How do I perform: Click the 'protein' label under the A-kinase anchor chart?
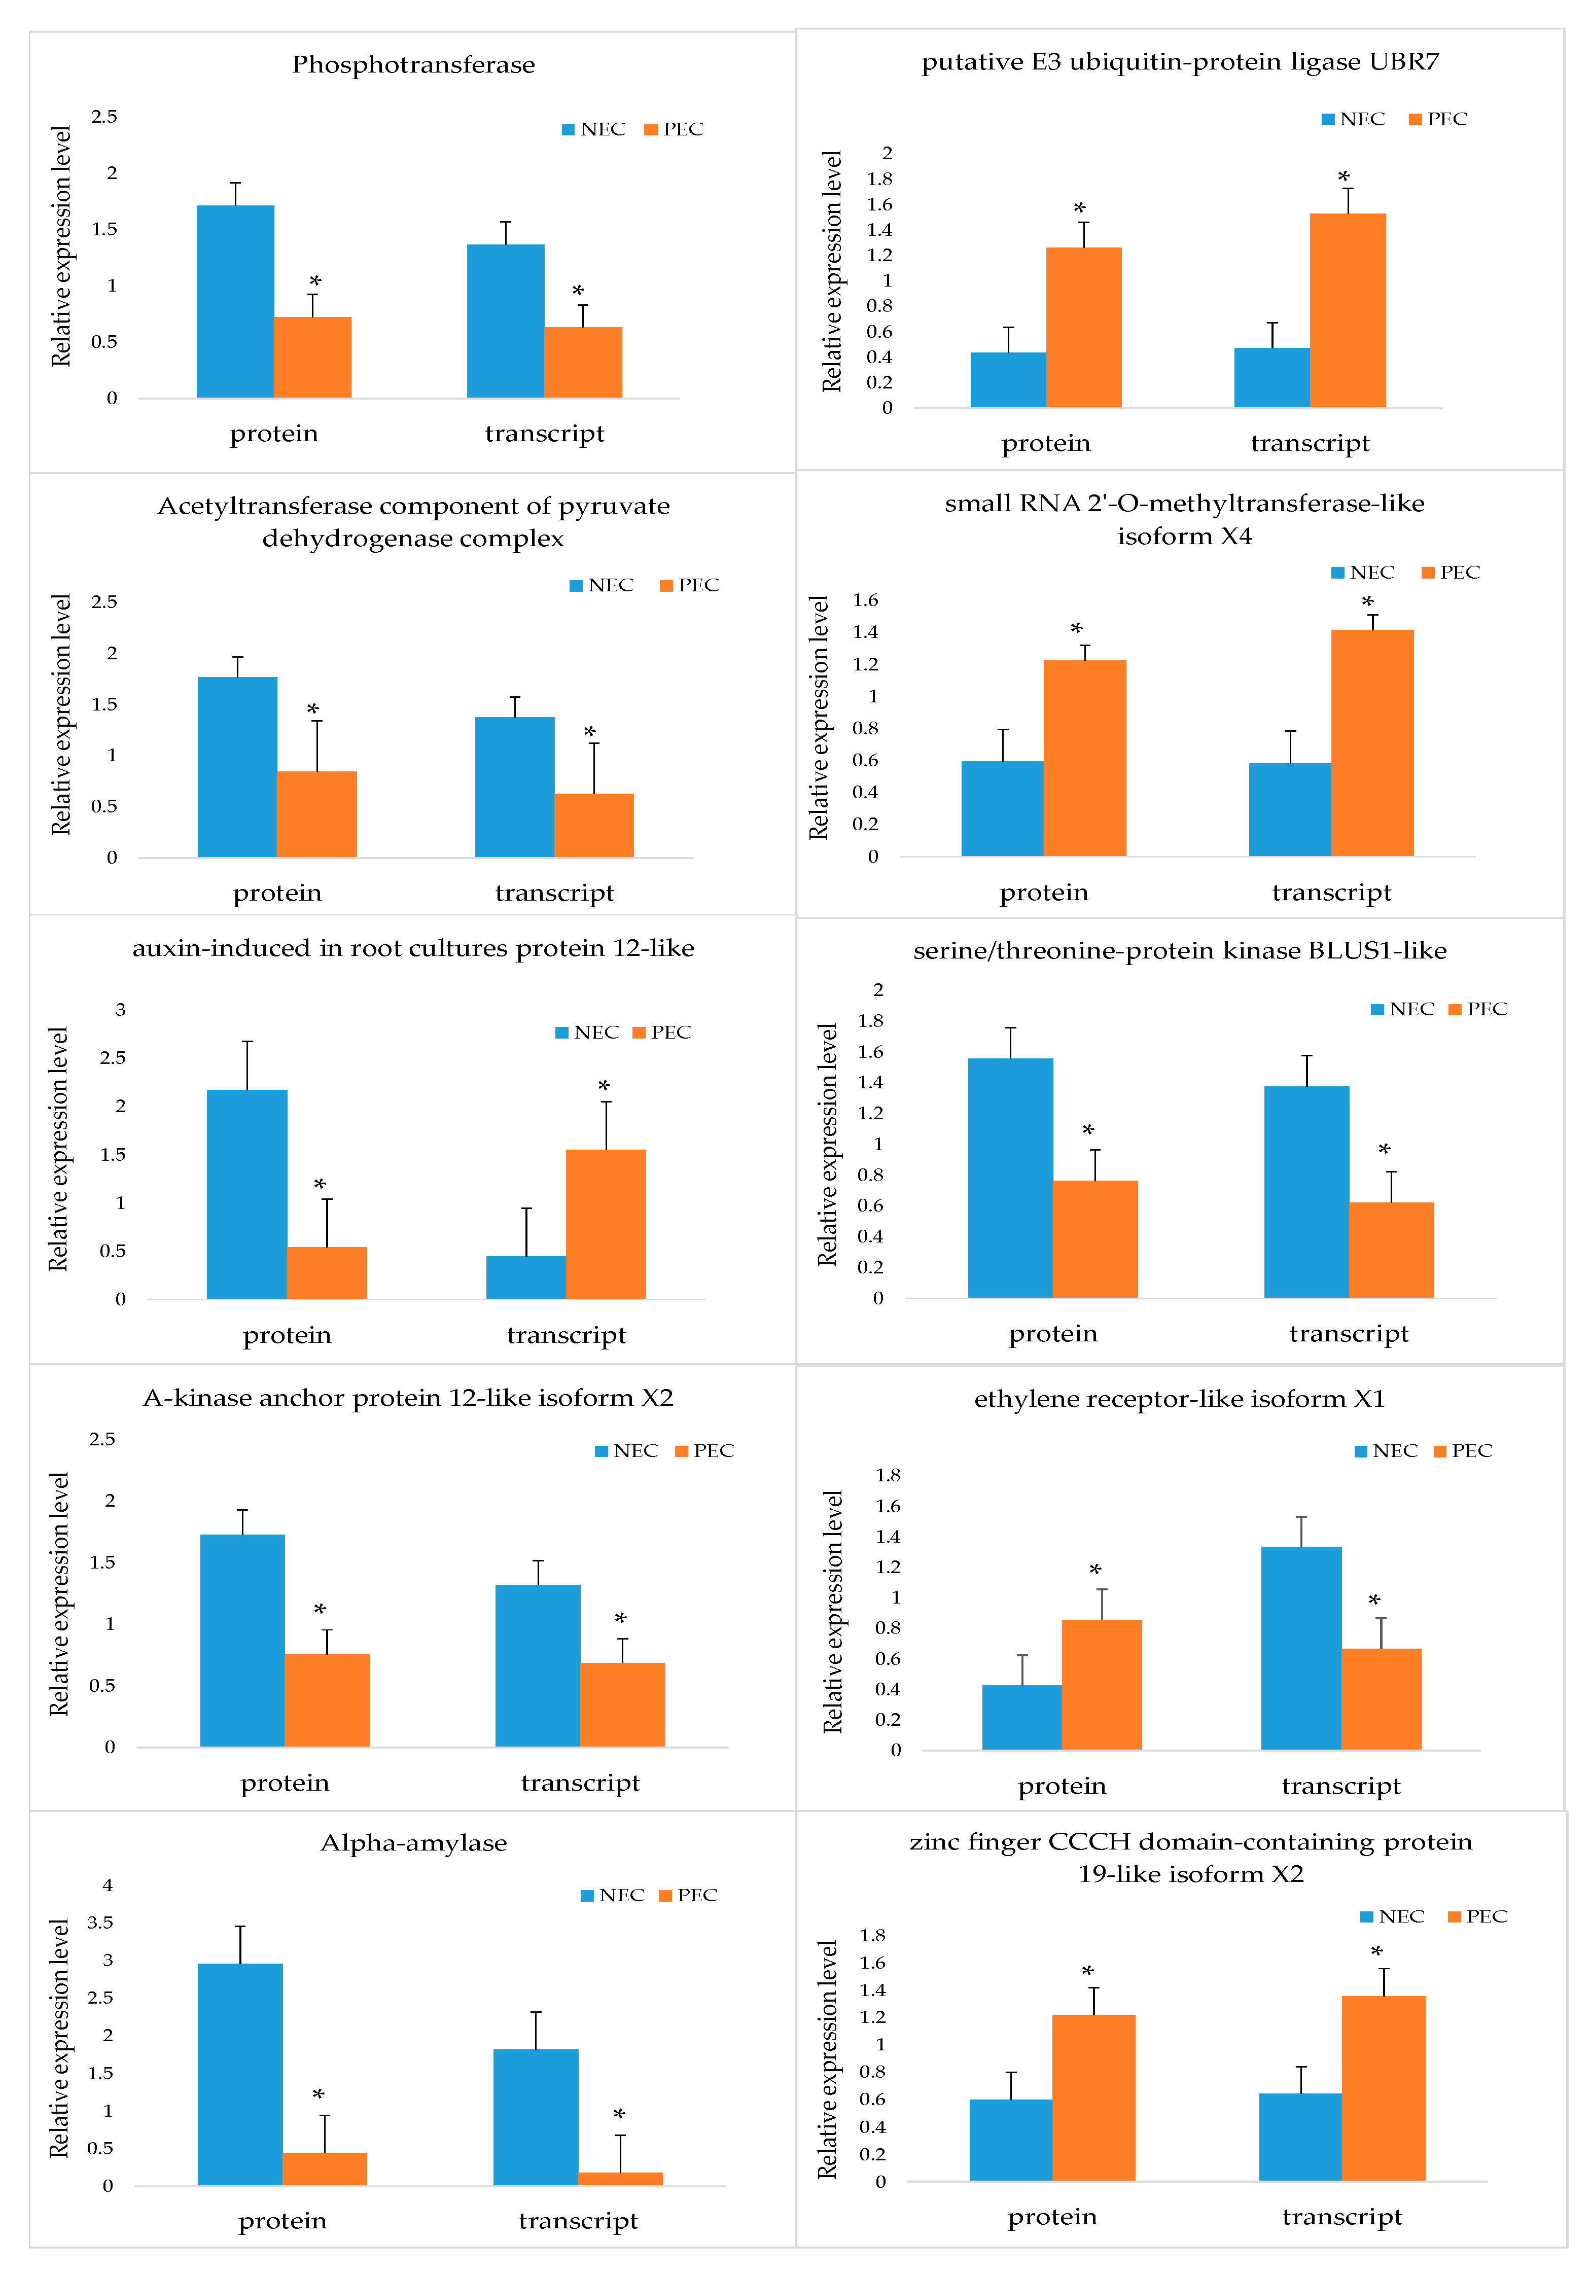[285, 1783]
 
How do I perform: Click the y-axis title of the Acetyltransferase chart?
[61, 714]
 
